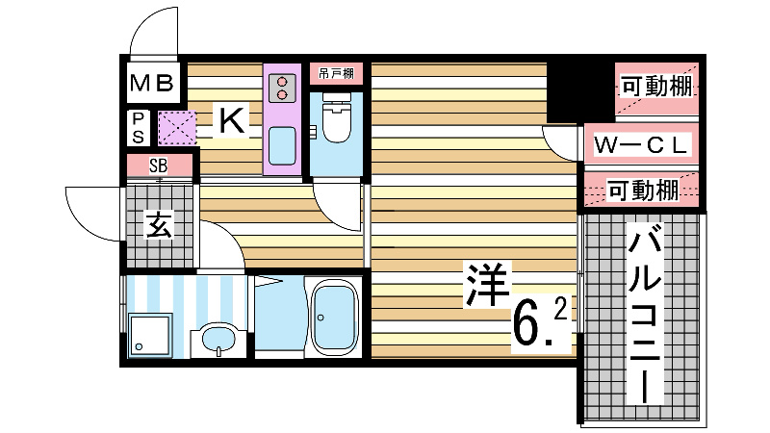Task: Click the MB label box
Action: tap(152, 84)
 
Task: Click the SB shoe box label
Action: tap(159, 165)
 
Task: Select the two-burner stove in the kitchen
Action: tap(282, 88)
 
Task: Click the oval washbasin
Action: tap(220, 340)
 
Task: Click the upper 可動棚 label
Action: tap(654, 87)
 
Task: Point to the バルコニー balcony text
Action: tap(644, 313)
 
